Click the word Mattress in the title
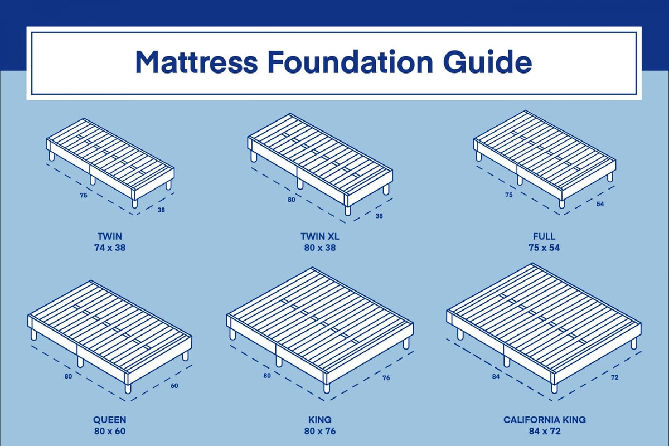(196, 62)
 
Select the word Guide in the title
(487, 62)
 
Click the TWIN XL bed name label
(319, 237)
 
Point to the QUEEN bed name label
(109, 420)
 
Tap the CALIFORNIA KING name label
(544, 420)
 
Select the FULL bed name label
(544, 237)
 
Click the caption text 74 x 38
(109, 248)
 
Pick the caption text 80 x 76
(319, 431)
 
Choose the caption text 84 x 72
(544, 431)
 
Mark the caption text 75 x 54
(544, 248)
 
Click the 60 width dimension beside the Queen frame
(174, 386)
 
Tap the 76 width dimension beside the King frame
(386, 379)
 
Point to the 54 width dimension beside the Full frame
(600, 205)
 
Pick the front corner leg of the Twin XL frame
(348, 210)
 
